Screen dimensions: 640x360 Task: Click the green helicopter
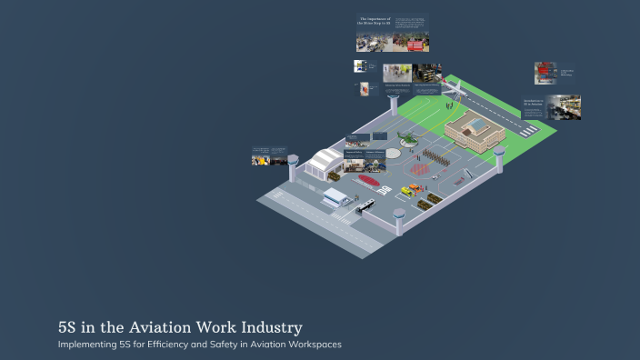(406, 139)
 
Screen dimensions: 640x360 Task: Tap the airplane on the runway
(451, 88)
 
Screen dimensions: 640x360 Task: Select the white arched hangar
(323, 164)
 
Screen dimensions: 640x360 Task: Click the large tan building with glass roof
(474, 132)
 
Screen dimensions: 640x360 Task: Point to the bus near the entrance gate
(365, 206)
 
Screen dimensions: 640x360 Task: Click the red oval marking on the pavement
(367, 179)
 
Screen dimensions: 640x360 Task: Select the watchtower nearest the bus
(398, 219)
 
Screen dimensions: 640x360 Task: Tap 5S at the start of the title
(66, 326)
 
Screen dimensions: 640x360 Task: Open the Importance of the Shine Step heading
(375, 22)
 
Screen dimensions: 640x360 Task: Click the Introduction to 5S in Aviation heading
(534, 103)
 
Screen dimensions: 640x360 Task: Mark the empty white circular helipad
(392, 153)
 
